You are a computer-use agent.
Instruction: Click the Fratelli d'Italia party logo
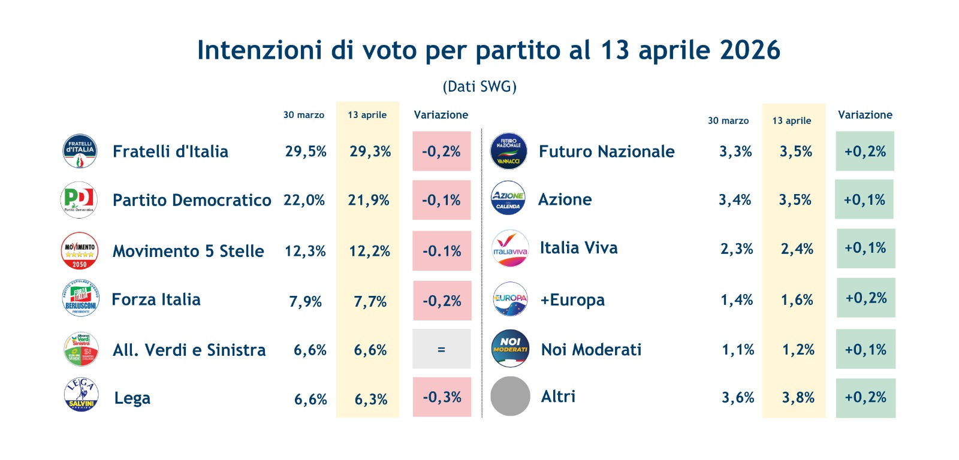[80, 151]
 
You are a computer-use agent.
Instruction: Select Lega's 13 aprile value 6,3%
[371, 399]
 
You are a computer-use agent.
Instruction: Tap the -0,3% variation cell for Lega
[442, 397]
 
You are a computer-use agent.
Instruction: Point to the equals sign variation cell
[441, 349]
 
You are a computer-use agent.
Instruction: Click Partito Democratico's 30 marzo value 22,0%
[304, 200]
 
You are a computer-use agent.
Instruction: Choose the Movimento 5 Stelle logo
[80, 250]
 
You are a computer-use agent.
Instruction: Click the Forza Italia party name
[156, 299]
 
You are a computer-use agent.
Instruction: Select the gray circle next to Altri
[510, 396]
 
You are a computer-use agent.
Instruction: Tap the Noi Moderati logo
[510, 349]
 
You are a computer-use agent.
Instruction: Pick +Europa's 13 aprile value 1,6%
[797, 299]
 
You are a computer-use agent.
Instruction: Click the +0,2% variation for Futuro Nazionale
[865, 152]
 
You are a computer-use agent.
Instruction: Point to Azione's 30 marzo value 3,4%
[735, 200]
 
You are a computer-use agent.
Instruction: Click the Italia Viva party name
[578, 248]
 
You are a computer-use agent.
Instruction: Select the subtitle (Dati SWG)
[479, 87]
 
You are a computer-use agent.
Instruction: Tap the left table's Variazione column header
[441, 115]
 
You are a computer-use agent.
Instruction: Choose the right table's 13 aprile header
[791, 121]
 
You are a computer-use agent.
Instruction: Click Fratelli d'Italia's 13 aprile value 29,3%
[370, 152]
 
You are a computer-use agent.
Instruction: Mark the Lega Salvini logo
[81, 395]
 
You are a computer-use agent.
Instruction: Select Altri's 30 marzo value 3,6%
[738, 398]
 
